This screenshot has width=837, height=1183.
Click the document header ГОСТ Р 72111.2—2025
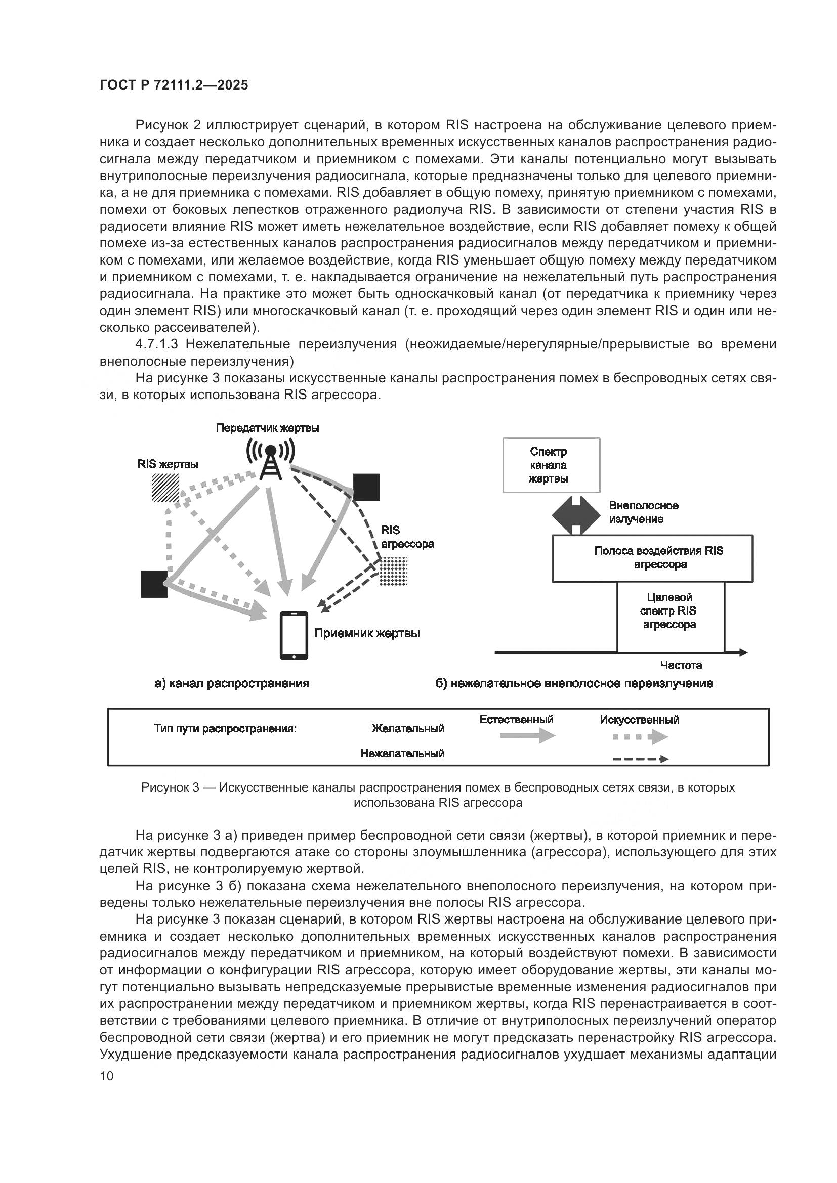click(x=174, y=85)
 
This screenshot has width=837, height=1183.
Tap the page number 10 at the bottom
click(x=107, y=1076)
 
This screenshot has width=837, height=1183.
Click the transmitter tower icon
click(x=270, y=460)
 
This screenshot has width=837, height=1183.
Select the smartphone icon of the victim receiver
click(x=294, y=635)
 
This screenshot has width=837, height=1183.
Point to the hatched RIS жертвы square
click(x=165, y=488)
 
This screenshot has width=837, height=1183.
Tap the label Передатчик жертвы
click(x=267, y=428)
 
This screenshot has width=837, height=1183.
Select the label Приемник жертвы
click(x=367, y=633)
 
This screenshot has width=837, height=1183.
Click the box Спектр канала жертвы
click(x=551, y=465)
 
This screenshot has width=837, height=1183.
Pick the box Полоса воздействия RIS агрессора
click(x=652, y=558)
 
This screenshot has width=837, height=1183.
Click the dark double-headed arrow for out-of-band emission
click(x=576, y=514)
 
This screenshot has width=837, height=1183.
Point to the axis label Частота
click(x=681, y=665)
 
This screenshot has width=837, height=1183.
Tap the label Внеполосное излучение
click(x=643, y=512)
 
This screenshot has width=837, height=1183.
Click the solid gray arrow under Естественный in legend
click(x=527, y=736)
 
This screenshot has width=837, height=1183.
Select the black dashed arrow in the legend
click(x=640, y=759)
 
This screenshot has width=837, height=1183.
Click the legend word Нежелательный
click(x=402, y=753)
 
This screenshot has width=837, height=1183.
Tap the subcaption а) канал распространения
click(x=232, y=684)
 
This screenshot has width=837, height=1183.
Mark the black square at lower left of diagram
click(x=154, y=584)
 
